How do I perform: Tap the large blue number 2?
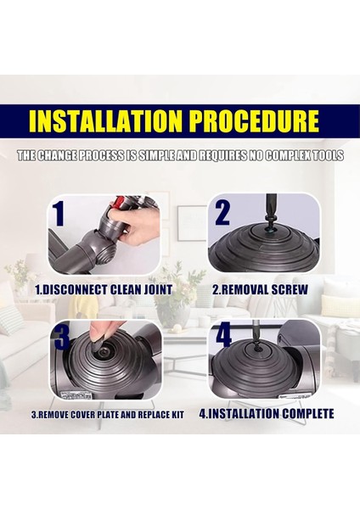(x=222, y=213)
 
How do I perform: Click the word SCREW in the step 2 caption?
(x=290, y=289)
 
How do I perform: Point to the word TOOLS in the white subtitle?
(x=323, y=156)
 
